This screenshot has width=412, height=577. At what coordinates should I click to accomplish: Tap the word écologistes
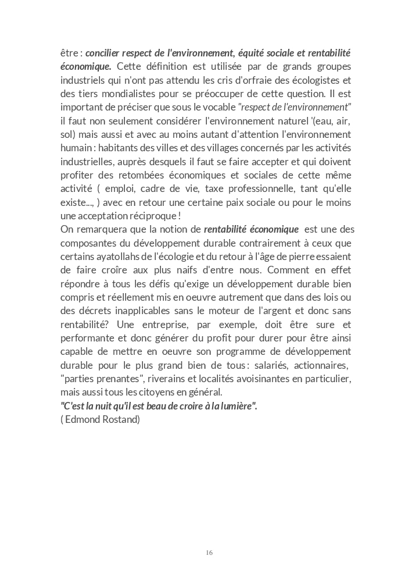318,80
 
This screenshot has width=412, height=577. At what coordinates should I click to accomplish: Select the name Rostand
121,419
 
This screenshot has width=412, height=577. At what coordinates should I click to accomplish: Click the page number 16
209,553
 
